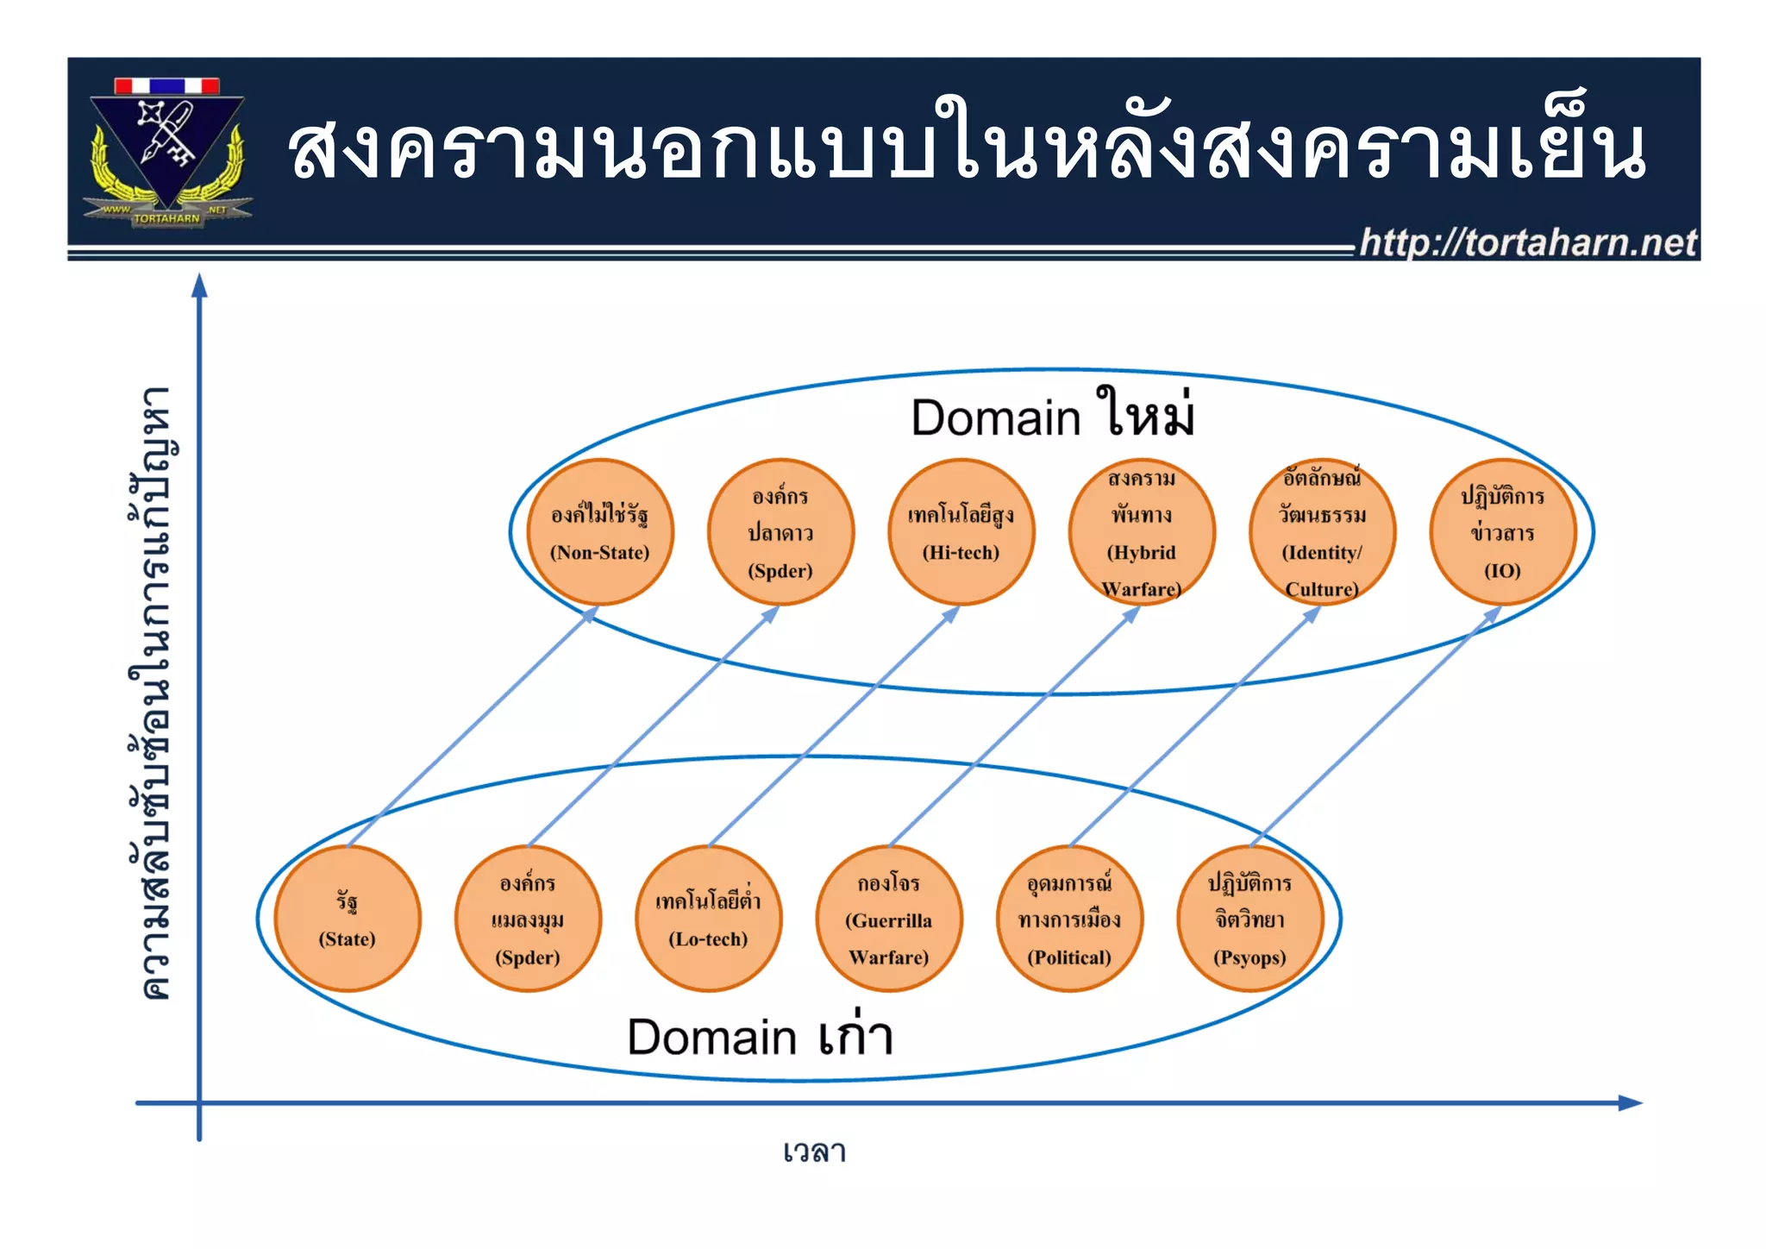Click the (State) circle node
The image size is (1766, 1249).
coord(348,919)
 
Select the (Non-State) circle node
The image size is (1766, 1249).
coord(600,532)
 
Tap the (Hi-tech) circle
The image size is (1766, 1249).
coord(961,532)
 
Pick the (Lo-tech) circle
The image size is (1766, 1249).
coord(708,919)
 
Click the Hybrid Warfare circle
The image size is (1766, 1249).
coord(1142,532)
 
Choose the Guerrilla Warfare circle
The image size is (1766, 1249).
coord(889,919)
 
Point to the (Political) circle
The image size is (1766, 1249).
coord(1069,919)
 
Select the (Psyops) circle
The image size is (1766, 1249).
coord(1249,919)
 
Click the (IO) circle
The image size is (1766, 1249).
coord(1502,532)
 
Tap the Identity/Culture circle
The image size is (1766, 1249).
coord(1322,532)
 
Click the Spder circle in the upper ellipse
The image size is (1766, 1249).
coord(780,532)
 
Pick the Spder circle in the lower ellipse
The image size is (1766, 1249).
coord(528,919)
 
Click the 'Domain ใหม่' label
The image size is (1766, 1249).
coord(1052,416)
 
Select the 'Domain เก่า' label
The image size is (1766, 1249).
coord(759,1036)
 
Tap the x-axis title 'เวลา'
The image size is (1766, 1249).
coord(814,1152)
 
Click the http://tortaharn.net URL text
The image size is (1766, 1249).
coord(1528,242)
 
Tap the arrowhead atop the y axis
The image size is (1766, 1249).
coord(199,286)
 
